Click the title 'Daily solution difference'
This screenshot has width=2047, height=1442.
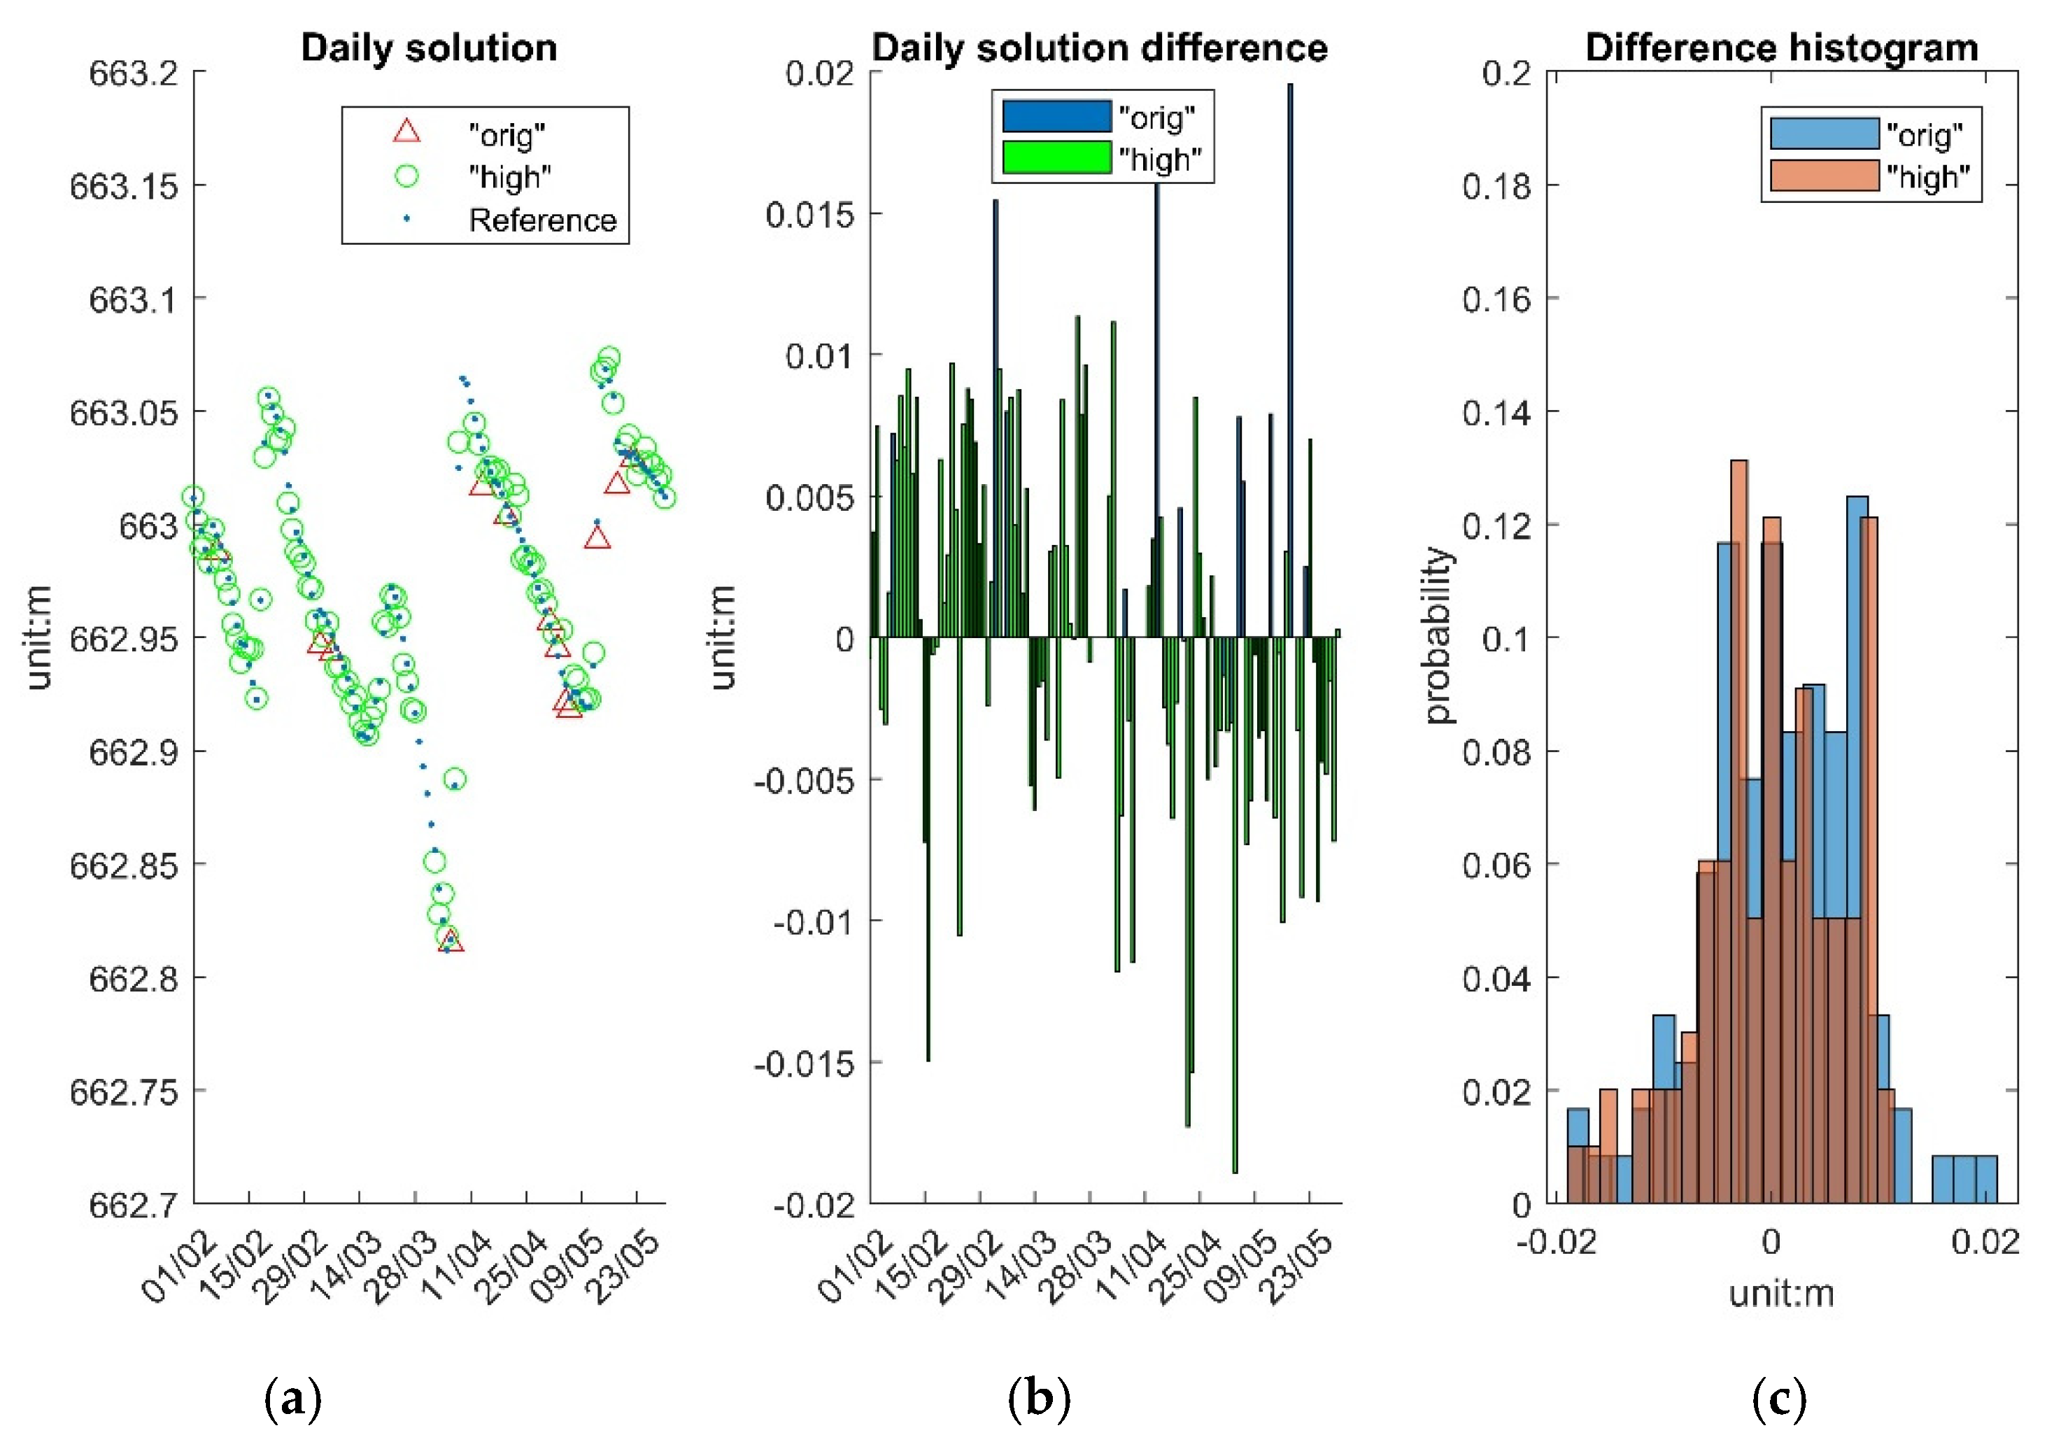pyautogui.click(x=1099, y=48)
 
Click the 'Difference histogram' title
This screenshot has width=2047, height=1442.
pyautogui.click(x=1780, y=48)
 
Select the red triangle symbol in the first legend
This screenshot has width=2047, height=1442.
pyautogui.click(x=406, y=132)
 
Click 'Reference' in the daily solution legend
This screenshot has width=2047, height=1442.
pyautogui.click(x=542, y=220)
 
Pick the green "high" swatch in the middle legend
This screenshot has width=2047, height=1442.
pyautogui.click(x=1056, y=158)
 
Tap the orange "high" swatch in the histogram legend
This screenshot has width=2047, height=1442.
pyautogui.click(x=1823, y=176)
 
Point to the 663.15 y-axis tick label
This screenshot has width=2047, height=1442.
pyautogui.click(x=123, y=186)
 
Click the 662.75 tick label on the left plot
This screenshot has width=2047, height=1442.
pyautogui.click(x=123, y=1091)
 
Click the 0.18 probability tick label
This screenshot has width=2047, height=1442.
pyautogui.click(x=1495, y=186)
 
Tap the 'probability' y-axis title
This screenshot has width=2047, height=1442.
pyautogui.click(x=1436, y=636)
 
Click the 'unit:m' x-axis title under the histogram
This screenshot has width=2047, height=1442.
pyautogui.click(x=1780, y=1292)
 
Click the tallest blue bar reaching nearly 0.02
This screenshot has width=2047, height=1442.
pyautogui.click(x=1289, y=357)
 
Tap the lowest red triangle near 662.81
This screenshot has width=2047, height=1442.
pyautogui.click(x=452, y=942)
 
